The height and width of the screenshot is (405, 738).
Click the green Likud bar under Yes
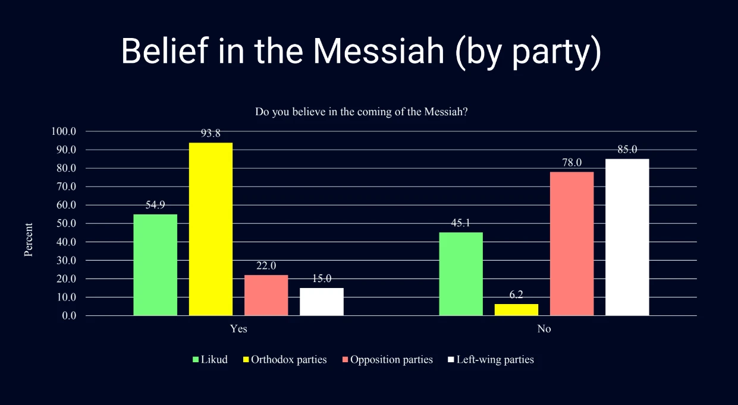[x=155, y=265]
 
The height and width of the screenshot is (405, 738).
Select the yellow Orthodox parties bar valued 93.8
[x=211, y=229]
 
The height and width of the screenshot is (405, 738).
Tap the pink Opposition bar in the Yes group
[x=266, y=295]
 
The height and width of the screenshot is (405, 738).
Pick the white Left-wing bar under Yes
[x=322, y=302]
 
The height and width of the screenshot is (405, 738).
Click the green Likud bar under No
[x=461, y=274]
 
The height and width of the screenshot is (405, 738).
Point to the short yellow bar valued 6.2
[x=516, y=309]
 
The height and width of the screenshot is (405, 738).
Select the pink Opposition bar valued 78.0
[x=571, y=243]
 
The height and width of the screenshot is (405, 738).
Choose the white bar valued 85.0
[x=627, y=237]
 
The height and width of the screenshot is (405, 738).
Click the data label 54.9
[x=155, y=205]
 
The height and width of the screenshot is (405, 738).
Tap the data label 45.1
[x=461, y=223]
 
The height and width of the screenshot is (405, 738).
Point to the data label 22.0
[x=266, y=265]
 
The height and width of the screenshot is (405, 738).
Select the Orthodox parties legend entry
[x=282, y=359]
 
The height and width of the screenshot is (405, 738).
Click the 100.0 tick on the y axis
[x=65, y=131]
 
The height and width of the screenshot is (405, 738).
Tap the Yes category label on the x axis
[x=238, y=329]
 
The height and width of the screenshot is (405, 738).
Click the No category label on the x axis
[x=544, y=329]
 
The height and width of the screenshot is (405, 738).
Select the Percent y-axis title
[x=28, y=240]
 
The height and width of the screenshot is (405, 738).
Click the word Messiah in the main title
[x=379, y=51]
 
